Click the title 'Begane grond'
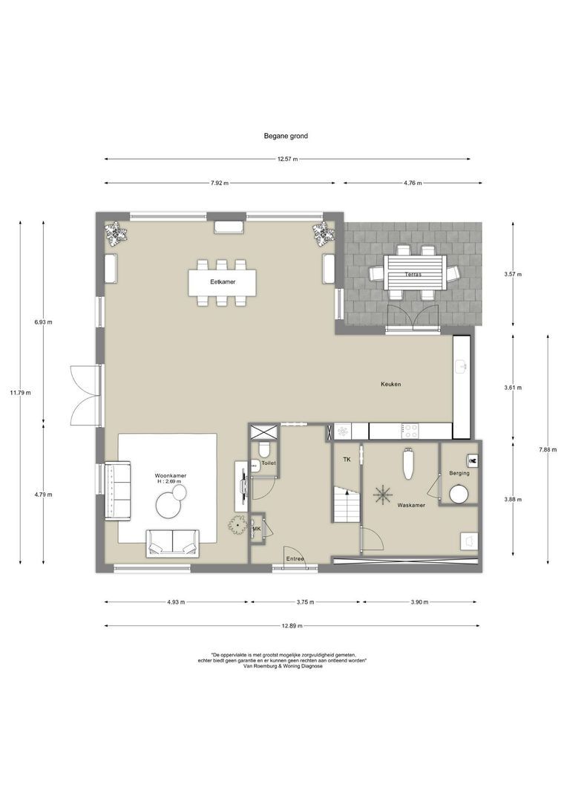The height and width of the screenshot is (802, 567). click(286, 136)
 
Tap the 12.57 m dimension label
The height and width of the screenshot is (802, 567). click(287, 159)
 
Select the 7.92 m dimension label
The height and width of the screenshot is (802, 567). click(220, 183)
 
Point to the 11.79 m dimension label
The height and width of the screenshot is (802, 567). click(21, 393)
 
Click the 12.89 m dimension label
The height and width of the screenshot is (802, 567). click(292, 625)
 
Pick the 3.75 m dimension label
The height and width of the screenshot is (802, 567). click(305, 602)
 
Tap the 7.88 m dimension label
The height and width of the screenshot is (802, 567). click(548, 449)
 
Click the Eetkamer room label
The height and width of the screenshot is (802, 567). click(223, 282)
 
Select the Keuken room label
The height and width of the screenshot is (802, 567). click(390, 384)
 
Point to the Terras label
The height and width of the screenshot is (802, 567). click(413, 274)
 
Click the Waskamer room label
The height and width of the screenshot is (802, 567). click(411, 505)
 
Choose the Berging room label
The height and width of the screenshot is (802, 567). click(459, 473)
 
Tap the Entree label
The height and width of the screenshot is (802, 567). click(295, 558)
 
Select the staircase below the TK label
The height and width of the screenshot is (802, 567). click(347, 504)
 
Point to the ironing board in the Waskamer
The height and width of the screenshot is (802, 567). click(407, 463)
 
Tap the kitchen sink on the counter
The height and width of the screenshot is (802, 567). click(461, 365)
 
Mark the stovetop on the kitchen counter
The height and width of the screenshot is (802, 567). click(410, 431)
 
